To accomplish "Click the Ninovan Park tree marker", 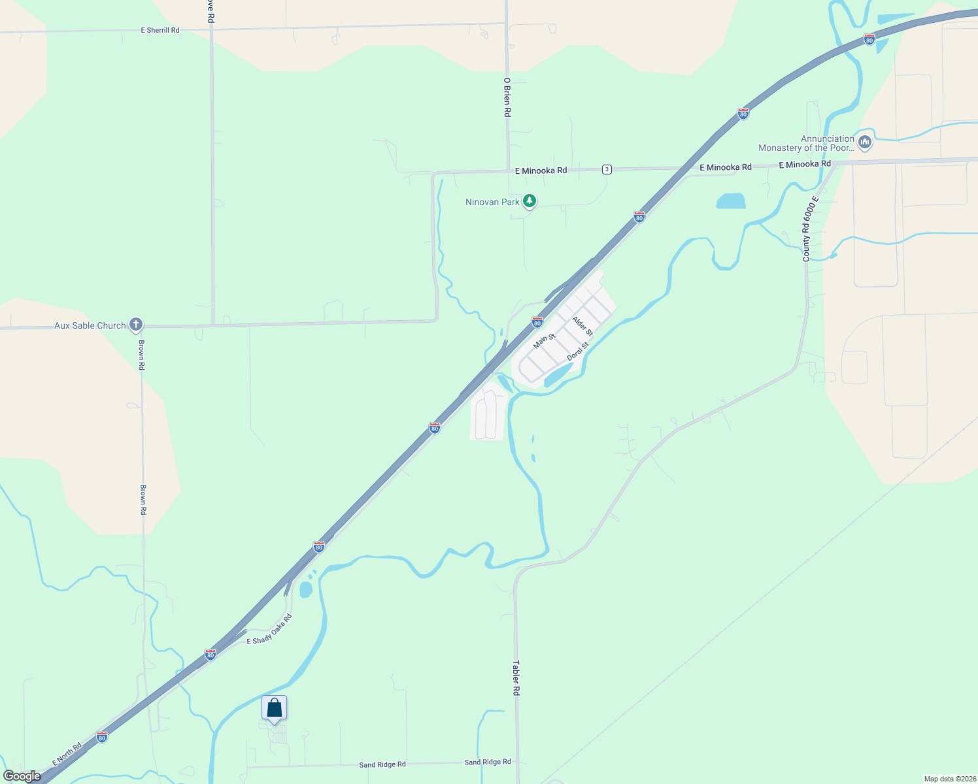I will click(x=530, y=201).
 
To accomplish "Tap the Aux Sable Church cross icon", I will click(x=135, y=324).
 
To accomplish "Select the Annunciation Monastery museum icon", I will click(x=865, y=142).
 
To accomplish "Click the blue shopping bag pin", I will click(x=275, y=708).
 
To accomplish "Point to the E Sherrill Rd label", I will click(x=160, y=30).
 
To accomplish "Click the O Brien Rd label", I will click(x=507, y=97).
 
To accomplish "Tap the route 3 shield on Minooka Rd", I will click(x=607, y=169).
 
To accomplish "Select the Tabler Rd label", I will click(x=516, y=678).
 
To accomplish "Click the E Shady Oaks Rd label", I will click(x=269, y=630).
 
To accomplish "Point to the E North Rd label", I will click(x=67, y=754).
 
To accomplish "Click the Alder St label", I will click(x=582, y=326).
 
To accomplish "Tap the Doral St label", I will click(x=578, y=350).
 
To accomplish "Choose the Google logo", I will click(x=22, y=776).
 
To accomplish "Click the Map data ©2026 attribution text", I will click(x=949, y=779).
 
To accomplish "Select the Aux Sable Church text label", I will click(x=90, y=325).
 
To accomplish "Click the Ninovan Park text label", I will click(x=492, y=202).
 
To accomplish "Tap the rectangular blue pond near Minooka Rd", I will click(x=731, y=201).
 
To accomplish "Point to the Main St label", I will click(x=543, y=340).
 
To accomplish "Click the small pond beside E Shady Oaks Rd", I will click(x=305, y=589).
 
